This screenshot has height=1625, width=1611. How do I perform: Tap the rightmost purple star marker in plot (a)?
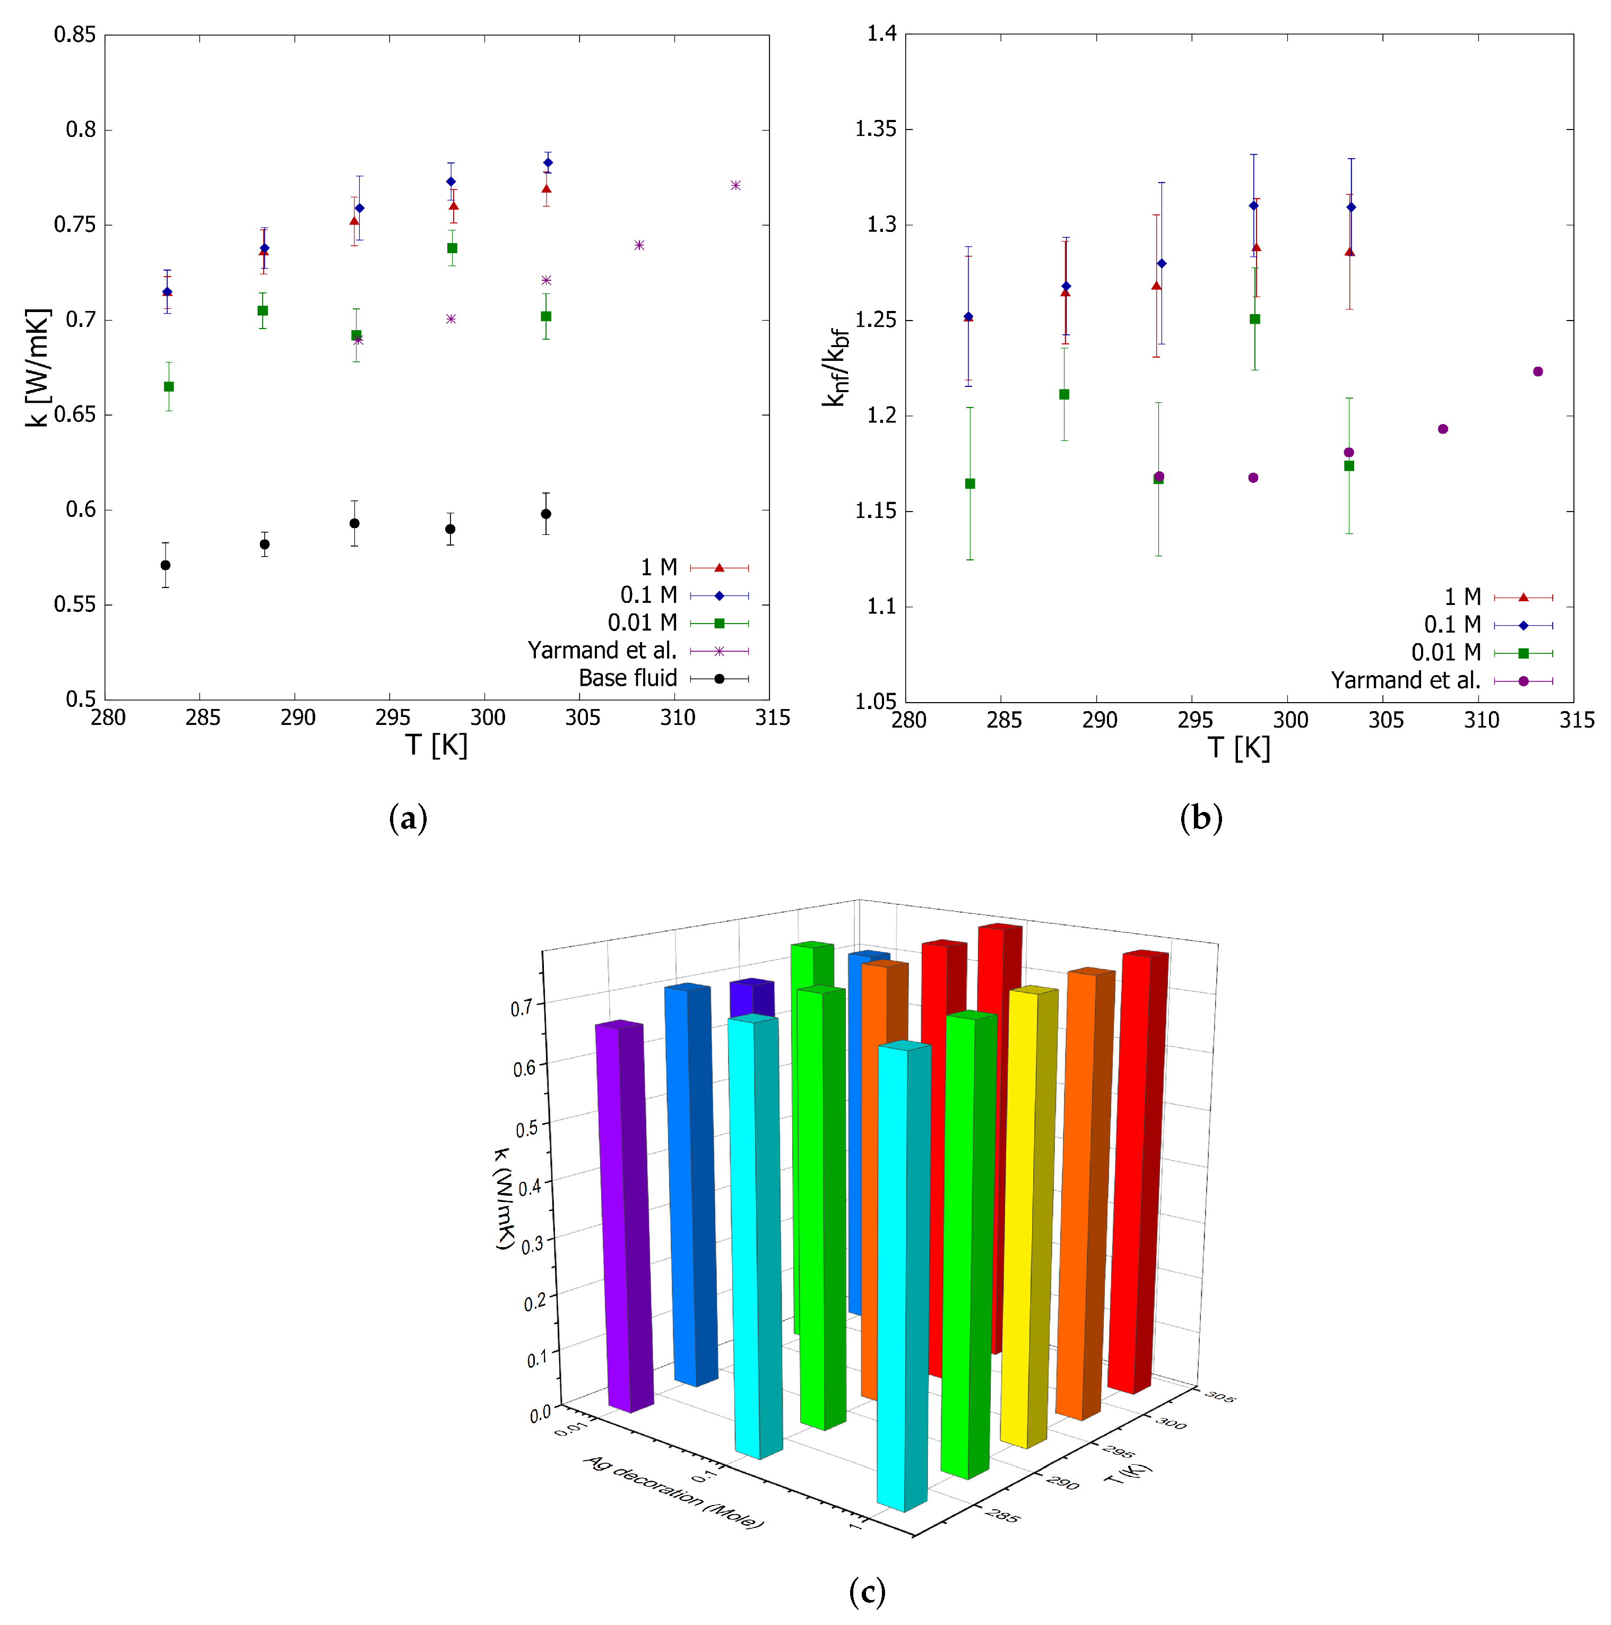[x=735, y=185]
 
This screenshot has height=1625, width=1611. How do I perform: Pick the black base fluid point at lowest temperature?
[x=166, y=565]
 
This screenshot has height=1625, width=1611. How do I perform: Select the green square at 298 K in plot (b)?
[x=1254, y=319]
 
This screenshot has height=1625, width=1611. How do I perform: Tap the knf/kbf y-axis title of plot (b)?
[x=835, y=368]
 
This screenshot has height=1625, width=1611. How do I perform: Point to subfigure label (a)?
[x=408, y=818]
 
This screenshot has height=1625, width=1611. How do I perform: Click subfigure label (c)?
[x=867, y=1592]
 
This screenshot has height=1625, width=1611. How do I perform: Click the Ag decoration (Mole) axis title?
[x=673, y=1493]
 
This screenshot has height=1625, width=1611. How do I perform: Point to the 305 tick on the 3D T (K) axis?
[x=1219, y=1397]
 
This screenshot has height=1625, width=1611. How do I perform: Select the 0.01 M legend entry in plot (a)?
[x=643, y=623]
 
